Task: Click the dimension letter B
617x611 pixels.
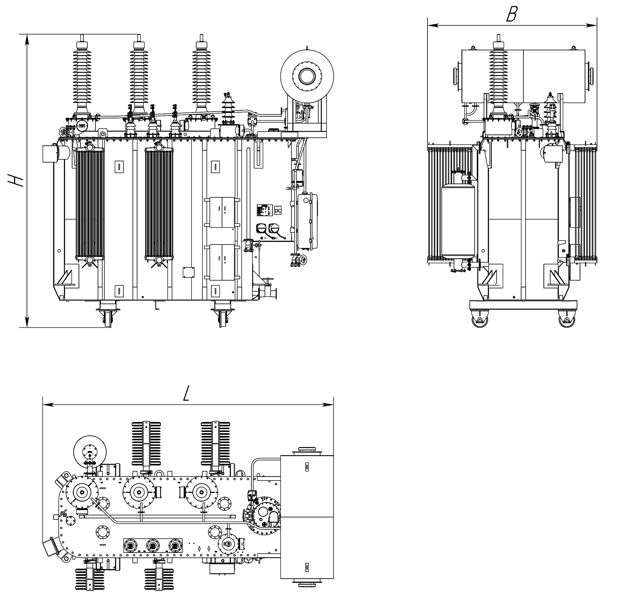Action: [x=512, y=14]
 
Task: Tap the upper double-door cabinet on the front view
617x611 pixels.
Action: [x=222, y=212]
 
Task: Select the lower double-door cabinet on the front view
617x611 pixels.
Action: [x=222, y=262]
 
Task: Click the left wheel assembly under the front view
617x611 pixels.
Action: [x=107, y=316]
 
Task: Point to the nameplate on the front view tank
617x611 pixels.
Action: [x=265, y=210]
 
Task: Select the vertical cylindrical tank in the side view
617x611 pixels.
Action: [x=458, y=221]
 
